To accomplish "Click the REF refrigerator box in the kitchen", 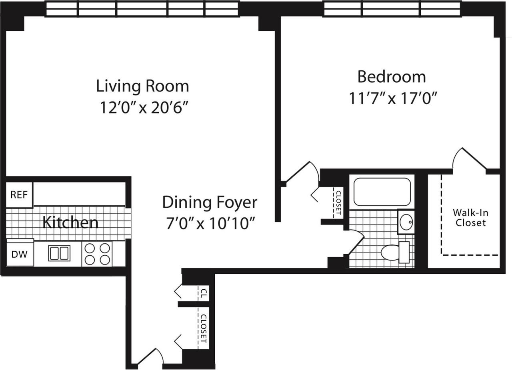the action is pyautogui.click(x=19, y=195).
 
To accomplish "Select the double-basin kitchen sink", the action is pyautogui.click(x=60, y=253).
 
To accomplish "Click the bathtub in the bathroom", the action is pyautogui.click(x=382, y=192).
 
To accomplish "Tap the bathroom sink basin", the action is pyautogui.click(x=406, y=221).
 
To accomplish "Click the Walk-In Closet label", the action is pyautogui.click(x=471, y=218).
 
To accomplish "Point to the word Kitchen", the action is pyautogui.click(x=70, y=223).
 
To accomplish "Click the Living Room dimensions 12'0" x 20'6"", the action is pyautogui.click(x=144, y=107).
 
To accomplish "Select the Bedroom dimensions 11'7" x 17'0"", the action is pyautogui.click(x=393, y=98).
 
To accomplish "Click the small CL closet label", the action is pyautogui.click(x=204, y=293).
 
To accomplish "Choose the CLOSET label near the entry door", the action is pyautogui.click(x=204, y=329).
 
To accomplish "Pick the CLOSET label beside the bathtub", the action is pyautogui.click(x=339, y=203).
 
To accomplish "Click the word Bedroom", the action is pyautogui.click(x=392, y=77).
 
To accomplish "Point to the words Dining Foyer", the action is pyautogui.click(x=210, y=202).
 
